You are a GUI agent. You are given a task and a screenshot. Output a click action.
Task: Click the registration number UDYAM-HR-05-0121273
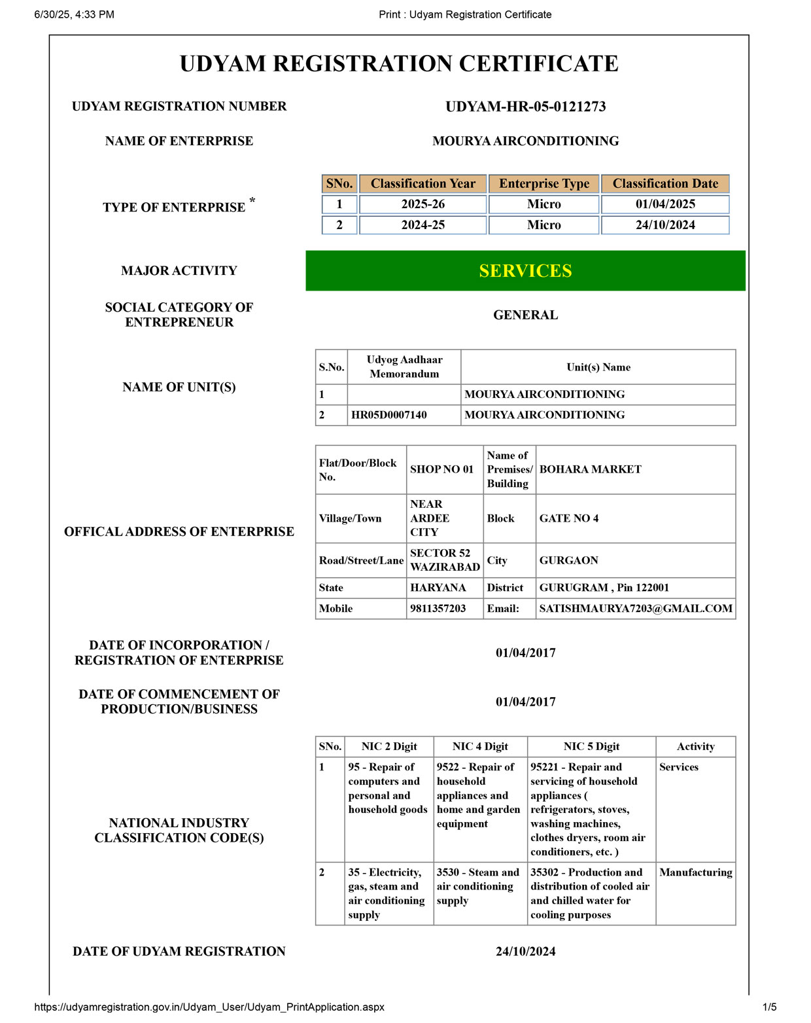click(525, 107)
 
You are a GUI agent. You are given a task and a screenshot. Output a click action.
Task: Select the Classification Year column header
click(423, 184)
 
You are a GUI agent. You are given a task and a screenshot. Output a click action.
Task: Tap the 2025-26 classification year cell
click(423, 204)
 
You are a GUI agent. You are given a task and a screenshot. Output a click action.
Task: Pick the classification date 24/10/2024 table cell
click(664, 225)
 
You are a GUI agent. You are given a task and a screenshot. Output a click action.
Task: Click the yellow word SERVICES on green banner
click(525, 271)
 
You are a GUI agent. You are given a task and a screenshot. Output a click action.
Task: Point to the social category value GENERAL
click(525, 315)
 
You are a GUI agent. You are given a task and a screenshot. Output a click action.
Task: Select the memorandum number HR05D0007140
click(388, 415)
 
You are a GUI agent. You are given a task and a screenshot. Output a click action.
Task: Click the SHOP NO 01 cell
click(441, 469)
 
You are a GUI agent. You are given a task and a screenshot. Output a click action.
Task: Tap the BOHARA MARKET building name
click(590, 469)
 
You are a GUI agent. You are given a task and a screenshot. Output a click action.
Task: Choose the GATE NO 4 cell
click(568, 518)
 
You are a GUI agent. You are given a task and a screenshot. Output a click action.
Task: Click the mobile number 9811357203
click(438, 609)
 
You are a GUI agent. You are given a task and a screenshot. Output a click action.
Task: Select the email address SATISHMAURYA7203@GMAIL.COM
click(635, 609)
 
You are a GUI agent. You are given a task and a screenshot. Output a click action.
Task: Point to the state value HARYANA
click(438, 588)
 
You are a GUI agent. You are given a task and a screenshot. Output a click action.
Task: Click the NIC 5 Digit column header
click(591, 747)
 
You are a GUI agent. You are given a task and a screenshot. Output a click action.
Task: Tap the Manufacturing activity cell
click(695, 872)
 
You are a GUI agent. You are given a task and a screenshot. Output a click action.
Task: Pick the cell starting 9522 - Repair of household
click(479, 795)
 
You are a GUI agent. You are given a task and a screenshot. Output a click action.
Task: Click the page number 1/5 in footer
click(769, 1007)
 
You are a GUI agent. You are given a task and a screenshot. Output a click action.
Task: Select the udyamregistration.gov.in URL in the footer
click(209, 1007)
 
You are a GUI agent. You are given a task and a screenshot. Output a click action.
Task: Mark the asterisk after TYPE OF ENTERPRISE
click(252, 200)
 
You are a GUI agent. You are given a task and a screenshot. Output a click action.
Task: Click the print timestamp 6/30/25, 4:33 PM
click(74, 14)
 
